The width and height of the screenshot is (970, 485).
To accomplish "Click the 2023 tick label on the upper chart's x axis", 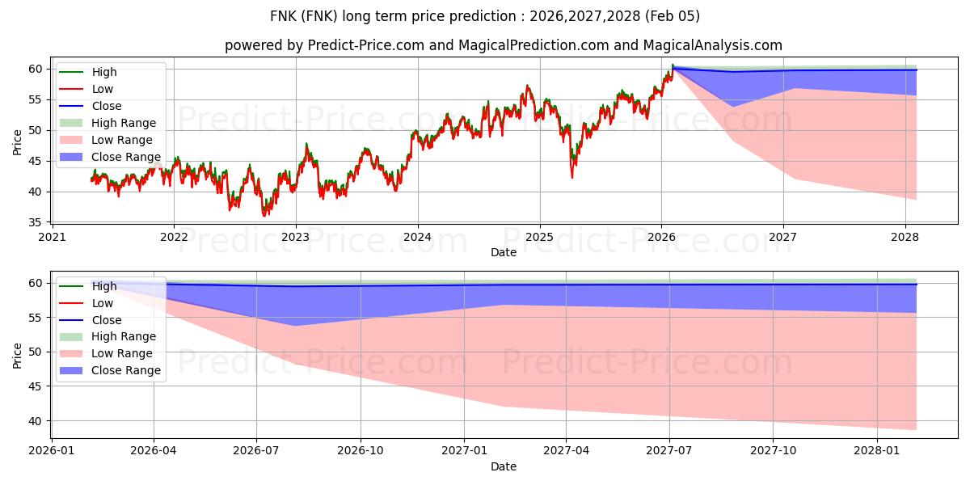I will coord(295,237).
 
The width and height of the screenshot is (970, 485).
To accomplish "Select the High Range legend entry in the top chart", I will coord(124,123).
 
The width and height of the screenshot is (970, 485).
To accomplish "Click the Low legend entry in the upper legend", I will coord(103,89).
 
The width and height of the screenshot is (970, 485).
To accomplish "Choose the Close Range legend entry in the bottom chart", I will coord(125,370).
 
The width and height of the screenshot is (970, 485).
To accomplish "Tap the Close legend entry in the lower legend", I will coord(107,320).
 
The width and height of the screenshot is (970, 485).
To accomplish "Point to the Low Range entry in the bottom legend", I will coord(123,353).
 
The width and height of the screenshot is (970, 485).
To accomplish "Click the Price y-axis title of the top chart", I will coord(17,142).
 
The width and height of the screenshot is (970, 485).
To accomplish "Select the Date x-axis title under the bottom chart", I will coord(504,466).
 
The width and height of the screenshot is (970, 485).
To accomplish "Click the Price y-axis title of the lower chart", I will coord(17,356).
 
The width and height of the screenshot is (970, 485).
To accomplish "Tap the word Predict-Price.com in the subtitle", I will coord(366,46).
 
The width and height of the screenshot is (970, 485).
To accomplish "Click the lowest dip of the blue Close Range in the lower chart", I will coord(294,326).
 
